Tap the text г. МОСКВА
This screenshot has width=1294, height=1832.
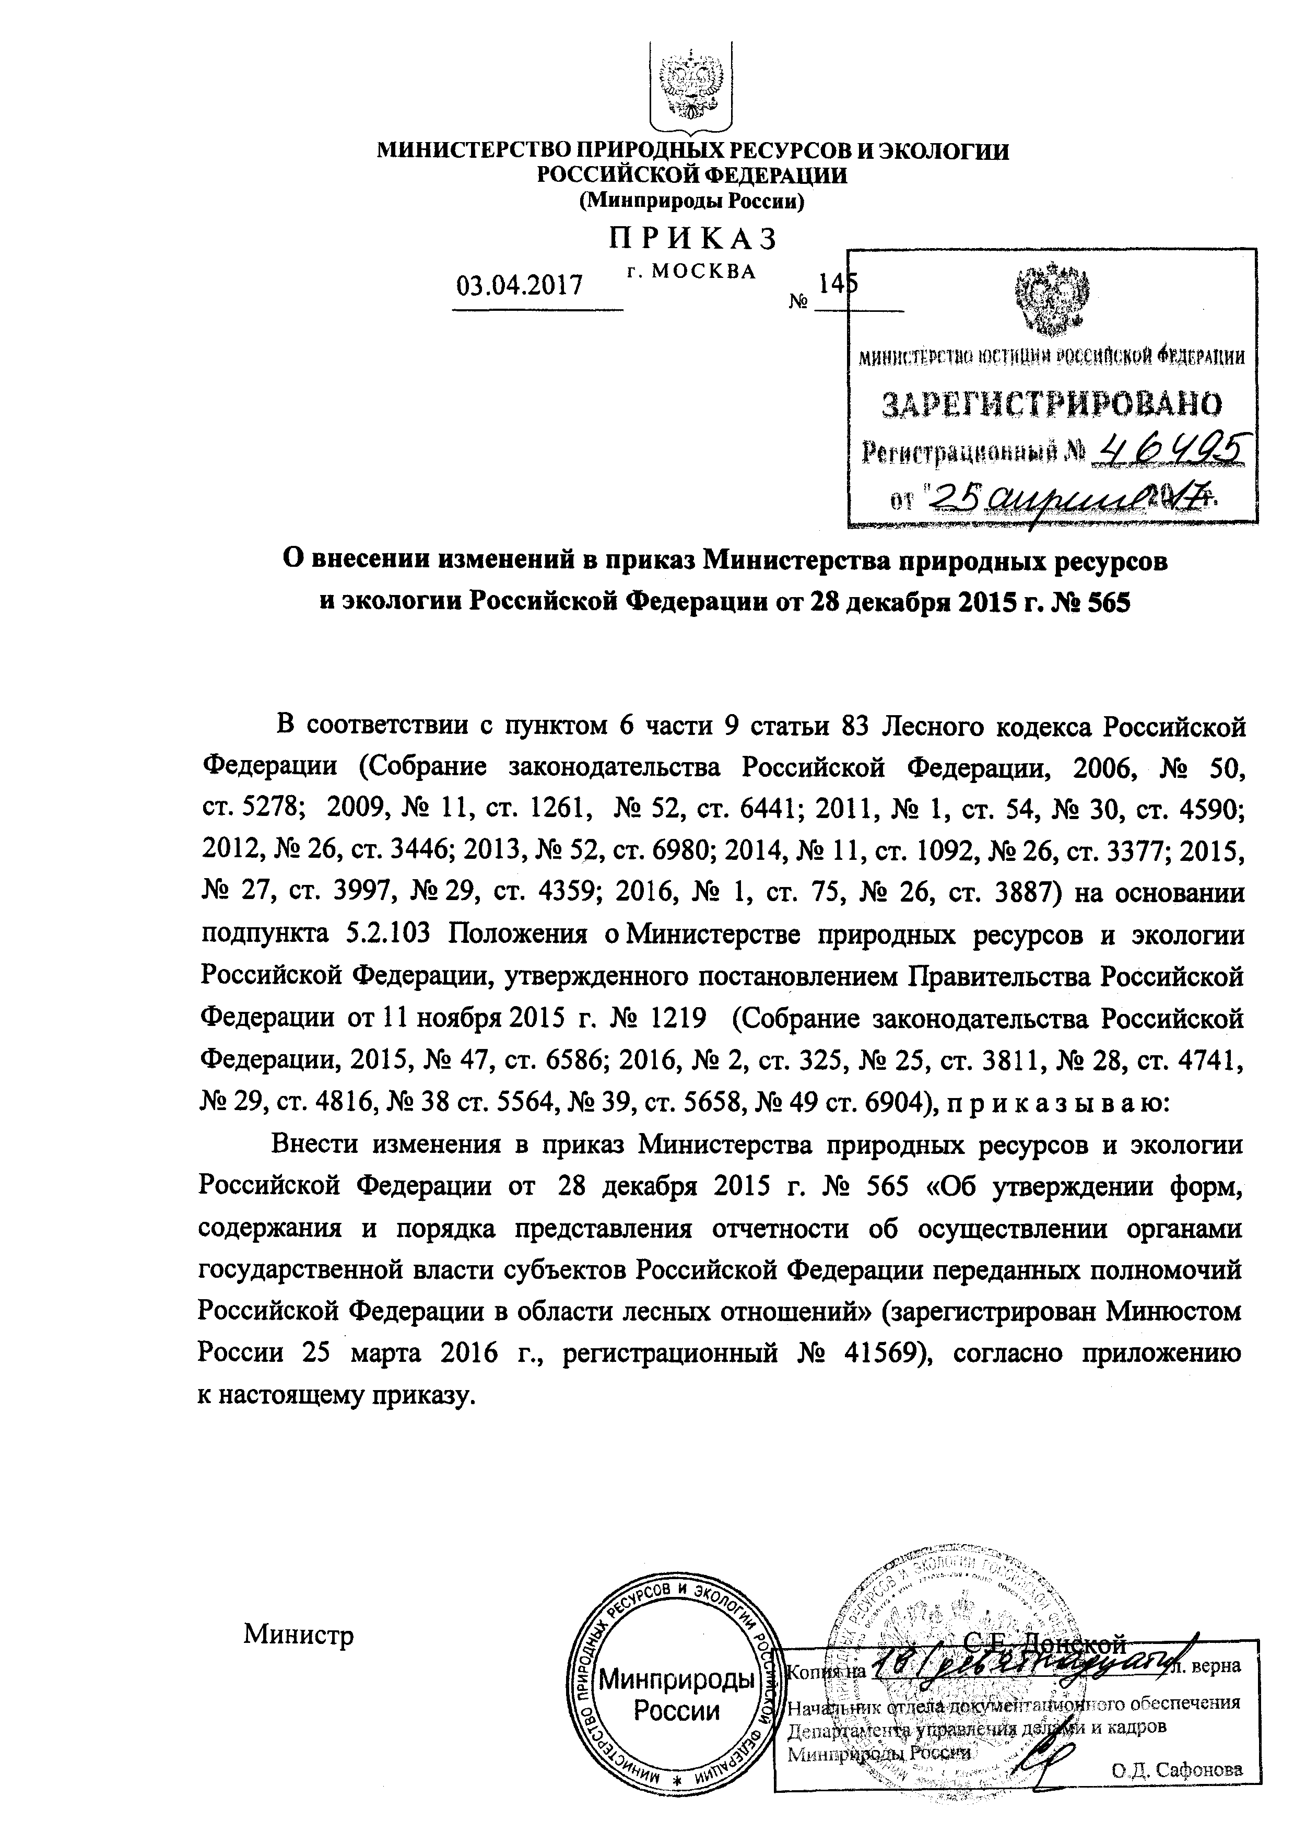pyautogui.click(x=691, y=271)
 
